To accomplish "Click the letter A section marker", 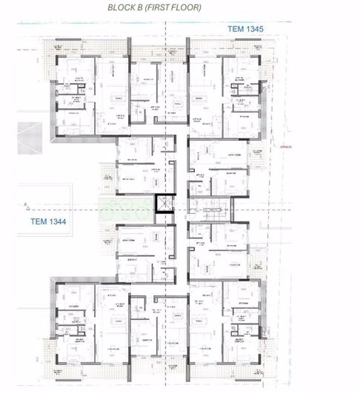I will pyautogui.click(x=26, y=201).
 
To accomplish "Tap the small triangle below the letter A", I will pyautogui.click(x=26, y=209).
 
